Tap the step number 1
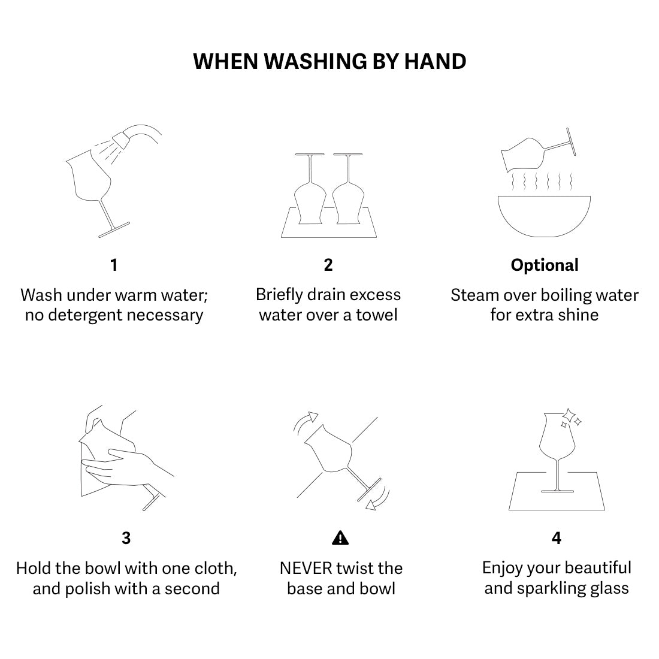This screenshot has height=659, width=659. point(114,265)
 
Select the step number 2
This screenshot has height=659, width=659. point(328,265)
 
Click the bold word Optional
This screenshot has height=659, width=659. point(545,265)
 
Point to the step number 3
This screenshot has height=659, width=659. point(126,538)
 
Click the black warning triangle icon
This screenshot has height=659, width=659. point(340,538)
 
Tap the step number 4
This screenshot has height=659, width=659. point(556,538)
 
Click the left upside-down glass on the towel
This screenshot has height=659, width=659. point(310,192)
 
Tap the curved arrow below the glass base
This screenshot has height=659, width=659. point(379,499)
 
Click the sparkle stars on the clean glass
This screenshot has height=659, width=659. point(570,418)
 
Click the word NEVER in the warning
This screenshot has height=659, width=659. point(306,568)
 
